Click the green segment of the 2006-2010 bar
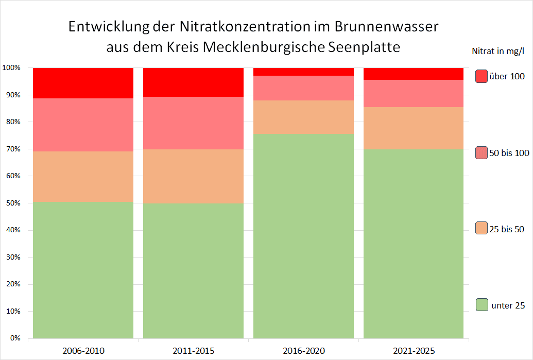(83, 270)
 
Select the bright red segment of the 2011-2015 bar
(193, 82)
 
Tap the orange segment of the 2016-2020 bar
(303, 117)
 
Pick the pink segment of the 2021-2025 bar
(414, 93)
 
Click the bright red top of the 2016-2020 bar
(303, 72)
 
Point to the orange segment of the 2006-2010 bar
(83, 176)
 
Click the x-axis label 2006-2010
(83, 351)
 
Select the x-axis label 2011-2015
(193, 351)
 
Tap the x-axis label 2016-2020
(303, 351)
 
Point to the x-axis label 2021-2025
(414, 351)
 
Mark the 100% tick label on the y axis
(11, 68)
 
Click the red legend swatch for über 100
(482, 76)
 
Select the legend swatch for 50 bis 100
(482, 152)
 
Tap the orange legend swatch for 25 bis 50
(482, 228)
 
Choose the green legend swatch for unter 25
(482, 304)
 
